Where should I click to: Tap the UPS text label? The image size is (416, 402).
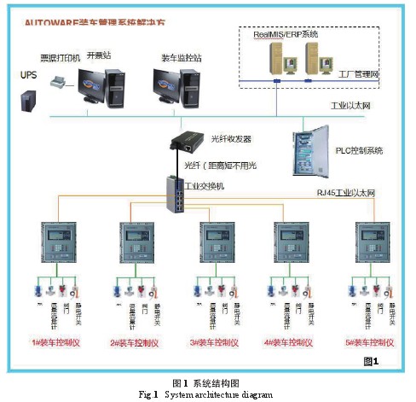[x=30, y=74]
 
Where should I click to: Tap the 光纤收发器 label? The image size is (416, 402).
[x=232, y=139]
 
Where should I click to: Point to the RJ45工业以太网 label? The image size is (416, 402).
[x=344, y=194]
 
